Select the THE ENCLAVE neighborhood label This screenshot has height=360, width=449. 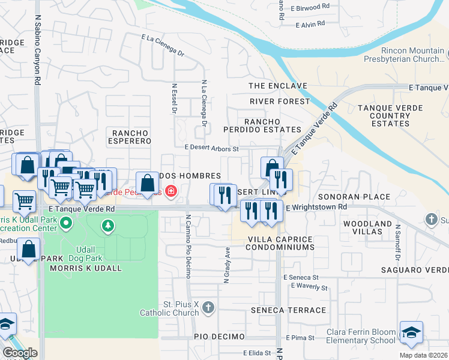pos(278,86)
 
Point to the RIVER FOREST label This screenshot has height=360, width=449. pos(280,101)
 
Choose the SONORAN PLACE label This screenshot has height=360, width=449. pos(362,197)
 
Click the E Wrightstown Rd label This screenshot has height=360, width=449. pos(316,207)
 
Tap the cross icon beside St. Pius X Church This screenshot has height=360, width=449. pos(208,307)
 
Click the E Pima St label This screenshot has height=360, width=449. pos(300,338)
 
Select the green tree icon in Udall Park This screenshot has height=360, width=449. pos(107,226)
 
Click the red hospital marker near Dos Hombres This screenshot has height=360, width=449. pos(171,192)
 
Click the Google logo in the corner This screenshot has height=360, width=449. pos(20,353)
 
